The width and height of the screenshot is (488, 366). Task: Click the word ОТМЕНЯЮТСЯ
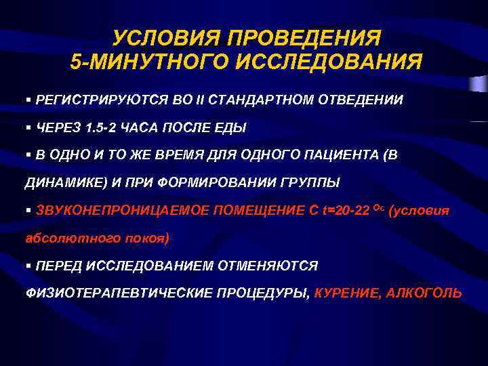(267, 266)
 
